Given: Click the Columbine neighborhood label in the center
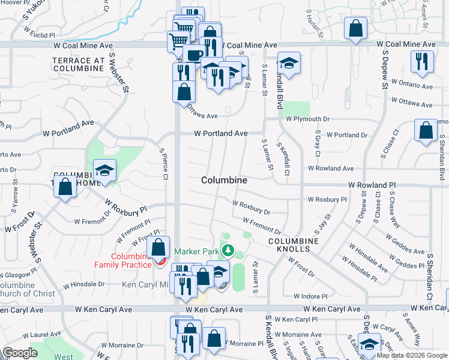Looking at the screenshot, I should pos(224,180).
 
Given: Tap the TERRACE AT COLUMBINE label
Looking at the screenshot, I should pos(79,64).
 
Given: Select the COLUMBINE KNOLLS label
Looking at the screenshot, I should pos(289,244).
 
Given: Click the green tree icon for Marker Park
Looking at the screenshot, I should pos(228,250).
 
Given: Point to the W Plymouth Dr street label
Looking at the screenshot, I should pos(308,119).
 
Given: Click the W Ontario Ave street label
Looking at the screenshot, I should pos(412,86).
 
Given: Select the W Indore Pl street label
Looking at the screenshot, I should pos(310,296).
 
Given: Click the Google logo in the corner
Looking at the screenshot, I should pos(20,353).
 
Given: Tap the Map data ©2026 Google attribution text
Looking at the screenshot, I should pos(411,355).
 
